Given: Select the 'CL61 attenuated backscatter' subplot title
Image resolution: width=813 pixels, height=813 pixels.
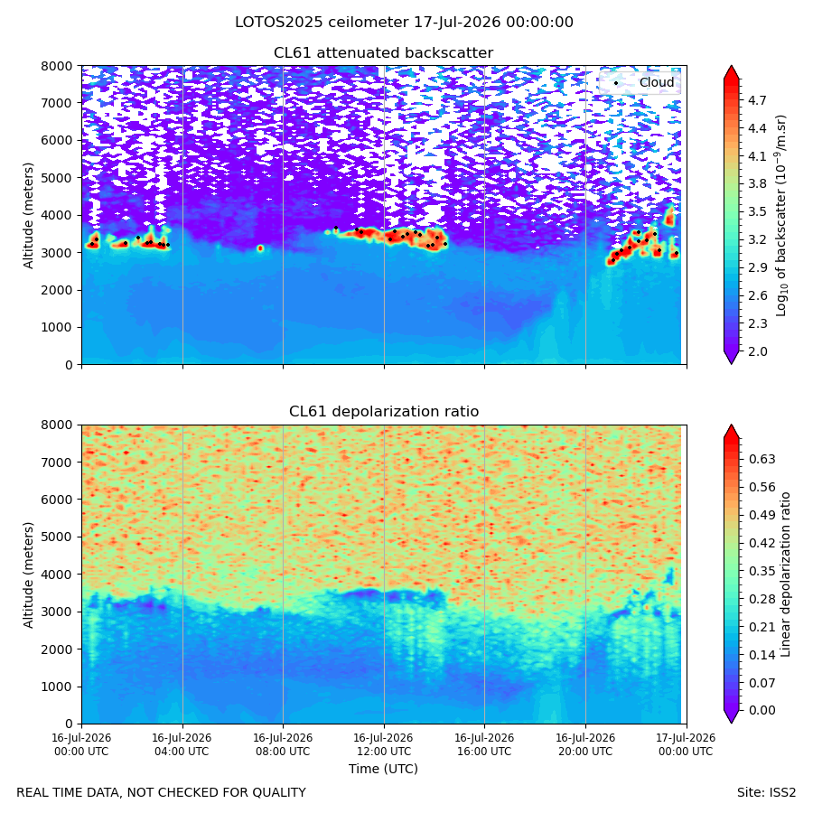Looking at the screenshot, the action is pos(383,53).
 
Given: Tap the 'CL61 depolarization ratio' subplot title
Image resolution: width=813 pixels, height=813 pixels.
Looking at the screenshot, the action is pos(384,412).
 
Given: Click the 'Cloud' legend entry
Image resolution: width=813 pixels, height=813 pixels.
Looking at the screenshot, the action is pos(657,82).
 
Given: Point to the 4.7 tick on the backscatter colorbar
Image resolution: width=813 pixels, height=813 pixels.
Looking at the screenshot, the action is pos(757,100).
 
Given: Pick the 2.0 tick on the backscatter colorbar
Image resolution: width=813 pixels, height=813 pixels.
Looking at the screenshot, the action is pos(757,351).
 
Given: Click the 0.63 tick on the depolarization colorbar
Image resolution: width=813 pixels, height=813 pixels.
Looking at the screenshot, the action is pos(762,460).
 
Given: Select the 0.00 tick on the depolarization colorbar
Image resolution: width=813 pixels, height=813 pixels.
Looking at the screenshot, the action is pos(762,710).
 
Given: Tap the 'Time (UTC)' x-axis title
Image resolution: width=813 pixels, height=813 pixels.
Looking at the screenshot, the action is pos(383,769).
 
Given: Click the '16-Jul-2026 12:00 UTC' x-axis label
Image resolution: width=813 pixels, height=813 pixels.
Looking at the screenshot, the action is pos(383,744).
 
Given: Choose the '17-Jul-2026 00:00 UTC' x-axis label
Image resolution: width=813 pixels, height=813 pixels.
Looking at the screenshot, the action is pos(686,744).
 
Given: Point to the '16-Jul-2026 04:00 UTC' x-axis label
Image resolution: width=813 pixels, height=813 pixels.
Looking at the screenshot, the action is pos(182,744).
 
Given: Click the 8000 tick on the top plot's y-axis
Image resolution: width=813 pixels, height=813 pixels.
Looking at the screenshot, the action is pos(61,66).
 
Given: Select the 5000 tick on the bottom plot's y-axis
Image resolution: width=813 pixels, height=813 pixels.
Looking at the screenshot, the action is pos(61,537).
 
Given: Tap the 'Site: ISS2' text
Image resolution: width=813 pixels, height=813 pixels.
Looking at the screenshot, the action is pos(766,792).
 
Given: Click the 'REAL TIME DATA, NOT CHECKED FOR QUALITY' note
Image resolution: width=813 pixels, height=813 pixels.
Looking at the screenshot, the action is pos(162,792).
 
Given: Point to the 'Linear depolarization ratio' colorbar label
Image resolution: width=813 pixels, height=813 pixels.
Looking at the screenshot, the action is pos(785,575).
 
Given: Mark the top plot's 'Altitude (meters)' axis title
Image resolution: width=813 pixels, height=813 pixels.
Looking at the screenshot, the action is pos(28,215).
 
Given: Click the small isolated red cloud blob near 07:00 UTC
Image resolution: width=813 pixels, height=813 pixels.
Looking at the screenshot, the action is pos(260,248).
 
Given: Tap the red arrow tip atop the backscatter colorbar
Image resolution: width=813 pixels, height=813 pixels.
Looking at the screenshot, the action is pos(731,66).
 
